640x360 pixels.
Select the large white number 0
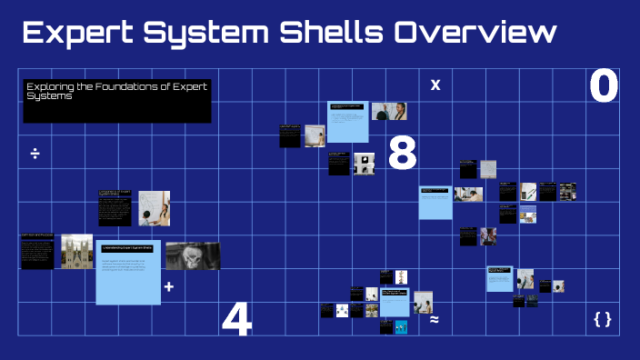(604, 87)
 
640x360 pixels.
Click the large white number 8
(402, 153)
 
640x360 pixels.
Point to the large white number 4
(236, 319)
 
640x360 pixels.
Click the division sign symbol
(35, 153)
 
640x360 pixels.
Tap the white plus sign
(168, 286)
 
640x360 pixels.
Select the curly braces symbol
(602, 319)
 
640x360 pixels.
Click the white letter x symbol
(435, 85)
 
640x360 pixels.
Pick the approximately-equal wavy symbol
(435, 319)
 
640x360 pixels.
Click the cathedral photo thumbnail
(77, 251)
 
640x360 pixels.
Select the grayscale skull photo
(192, 256)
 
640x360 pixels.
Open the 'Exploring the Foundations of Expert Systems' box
(116, 100)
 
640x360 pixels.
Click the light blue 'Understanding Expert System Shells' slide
(128, 272)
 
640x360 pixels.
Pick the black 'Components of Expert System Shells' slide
(115, 208)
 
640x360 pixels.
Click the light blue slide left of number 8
(347, 121)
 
